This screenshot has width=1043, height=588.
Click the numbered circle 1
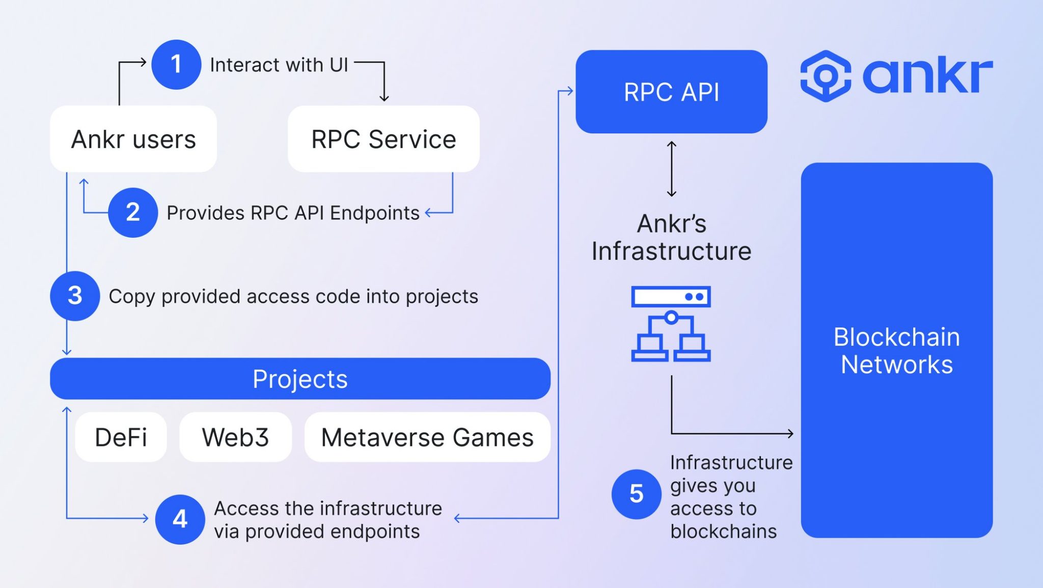click(176, 65)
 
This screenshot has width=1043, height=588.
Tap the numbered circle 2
click(133, 212)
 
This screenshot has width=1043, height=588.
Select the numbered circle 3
click(75, 296)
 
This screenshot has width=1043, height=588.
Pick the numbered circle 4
click(180, 519)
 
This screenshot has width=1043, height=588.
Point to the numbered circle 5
click(636, 494)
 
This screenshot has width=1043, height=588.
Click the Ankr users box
click(133, 139)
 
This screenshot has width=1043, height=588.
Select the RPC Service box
click(383, 139)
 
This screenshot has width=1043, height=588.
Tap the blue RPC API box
click(671, 92)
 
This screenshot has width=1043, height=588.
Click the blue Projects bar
click(300, 379)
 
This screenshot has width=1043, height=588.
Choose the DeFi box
click(121, 437)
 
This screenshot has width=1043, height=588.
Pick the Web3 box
click(235, 437)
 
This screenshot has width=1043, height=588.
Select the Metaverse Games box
click(427, 437)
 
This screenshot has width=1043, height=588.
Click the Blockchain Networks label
click(896, 351)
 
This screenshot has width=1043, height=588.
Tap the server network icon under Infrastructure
click(671, 324)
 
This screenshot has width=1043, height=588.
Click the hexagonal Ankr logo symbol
click(826, 76)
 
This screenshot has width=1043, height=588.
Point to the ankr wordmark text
click(927, 76)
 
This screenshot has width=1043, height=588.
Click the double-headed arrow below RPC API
click(672, 169)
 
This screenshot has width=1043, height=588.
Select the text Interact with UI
click(279, 65)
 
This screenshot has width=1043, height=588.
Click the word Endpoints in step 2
click(374, 213)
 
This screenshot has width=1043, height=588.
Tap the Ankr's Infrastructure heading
click(671, 237)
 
